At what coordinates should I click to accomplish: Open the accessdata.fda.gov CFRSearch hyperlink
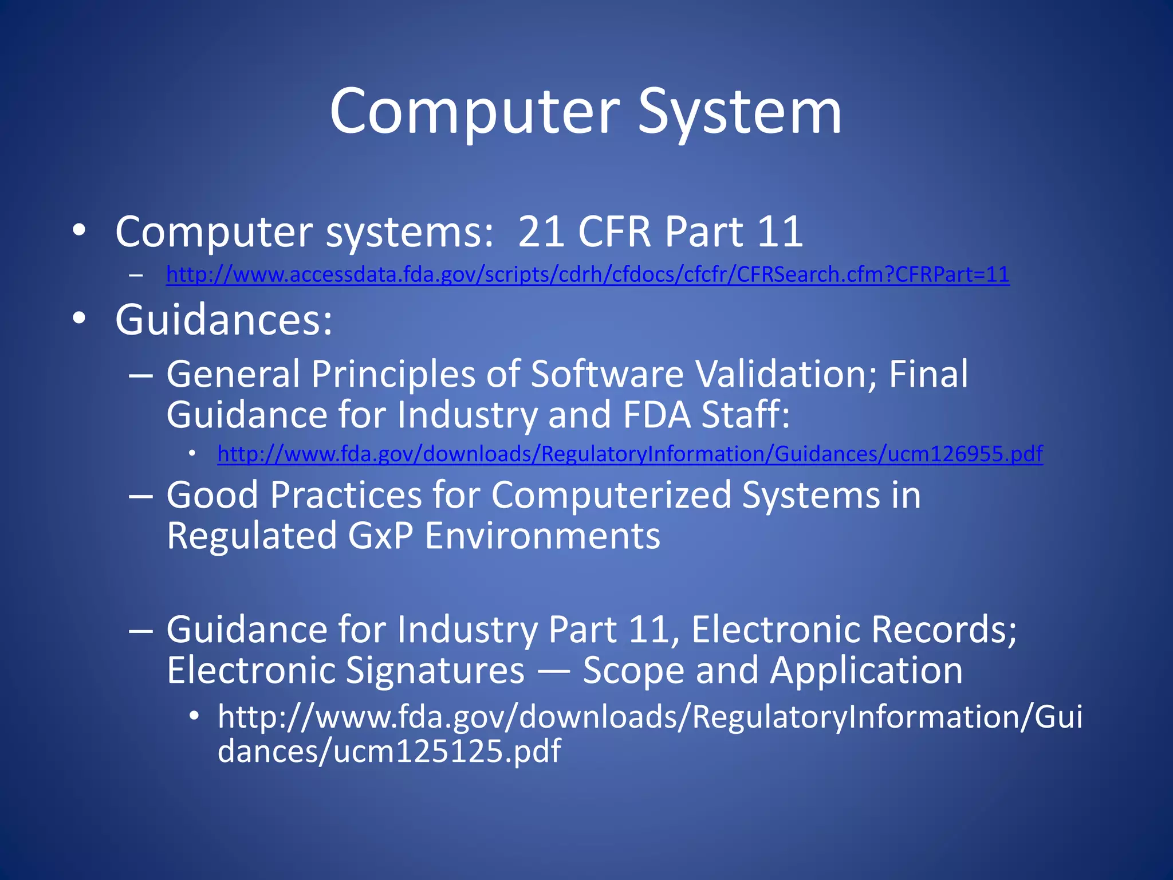click(588, 275)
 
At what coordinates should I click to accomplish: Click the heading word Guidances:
click(224, 320)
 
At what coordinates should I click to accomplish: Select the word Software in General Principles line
click(607, 374)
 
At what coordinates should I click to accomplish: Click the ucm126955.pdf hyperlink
click(630, 454)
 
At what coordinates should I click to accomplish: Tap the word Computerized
click(611, 495)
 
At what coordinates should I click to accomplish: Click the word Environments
click(542, 536)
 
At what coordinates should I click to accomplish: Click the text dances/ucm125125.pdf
click(389, 751)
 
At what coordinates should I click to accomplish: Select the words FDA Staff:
click(706, 415)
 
